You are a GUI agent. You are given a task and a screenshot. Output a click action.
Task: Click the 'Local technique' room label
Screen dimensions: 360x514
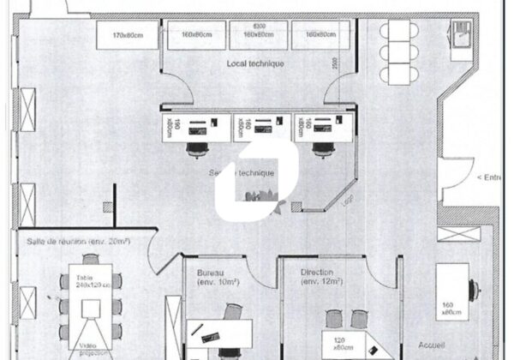(255, 64)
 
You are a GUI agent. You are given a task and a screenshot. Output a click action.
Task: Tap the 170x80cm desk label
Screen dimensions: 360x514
(128, 35)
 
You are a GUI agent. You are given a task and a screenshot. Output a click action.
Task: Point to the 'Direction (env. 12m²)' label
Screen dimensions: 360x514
(321, 277)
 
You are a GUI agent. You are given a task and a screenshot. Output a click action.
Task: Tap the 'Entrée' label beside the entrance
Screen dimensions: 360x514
(491, 177)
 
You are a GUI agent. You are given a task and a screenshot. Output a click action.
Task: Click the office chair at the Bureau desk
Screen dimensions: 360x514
(230, 312)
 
